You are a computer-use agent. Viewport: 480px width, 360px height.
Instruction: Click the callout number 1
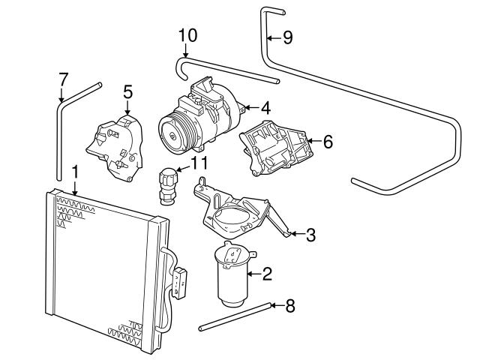[x=74, y=172]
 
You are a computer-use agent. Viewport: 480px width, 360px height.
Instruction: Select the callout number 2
[x=266, y=274]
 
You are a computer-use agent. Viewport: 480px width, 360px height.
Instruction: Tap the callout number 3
[x=310, y=235]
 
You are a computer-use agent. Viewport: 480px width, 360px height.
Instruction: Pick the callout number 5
[x=127, y=91]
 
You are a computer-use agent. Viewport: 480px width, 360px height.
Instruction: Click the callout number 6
[x=327, y=140]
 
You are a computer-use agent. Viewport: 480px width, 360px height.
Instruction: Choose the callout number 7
[x=63, y=79]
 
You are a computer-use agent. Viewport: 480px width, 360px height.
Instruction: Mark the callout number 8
[x=290, y=305]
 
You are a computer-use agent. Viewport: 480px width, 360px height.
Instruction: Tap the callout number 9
[x=287, y=37]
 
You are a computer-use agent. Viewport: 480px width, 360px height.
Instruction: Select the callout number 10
[x=187, y=34]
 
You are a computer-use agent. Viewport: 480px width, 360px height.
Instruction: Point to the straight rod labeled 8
[x=232, y=316]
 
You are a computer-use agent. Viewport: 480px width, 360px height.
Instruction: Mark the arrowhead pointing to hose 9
[x=270, y=37]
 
